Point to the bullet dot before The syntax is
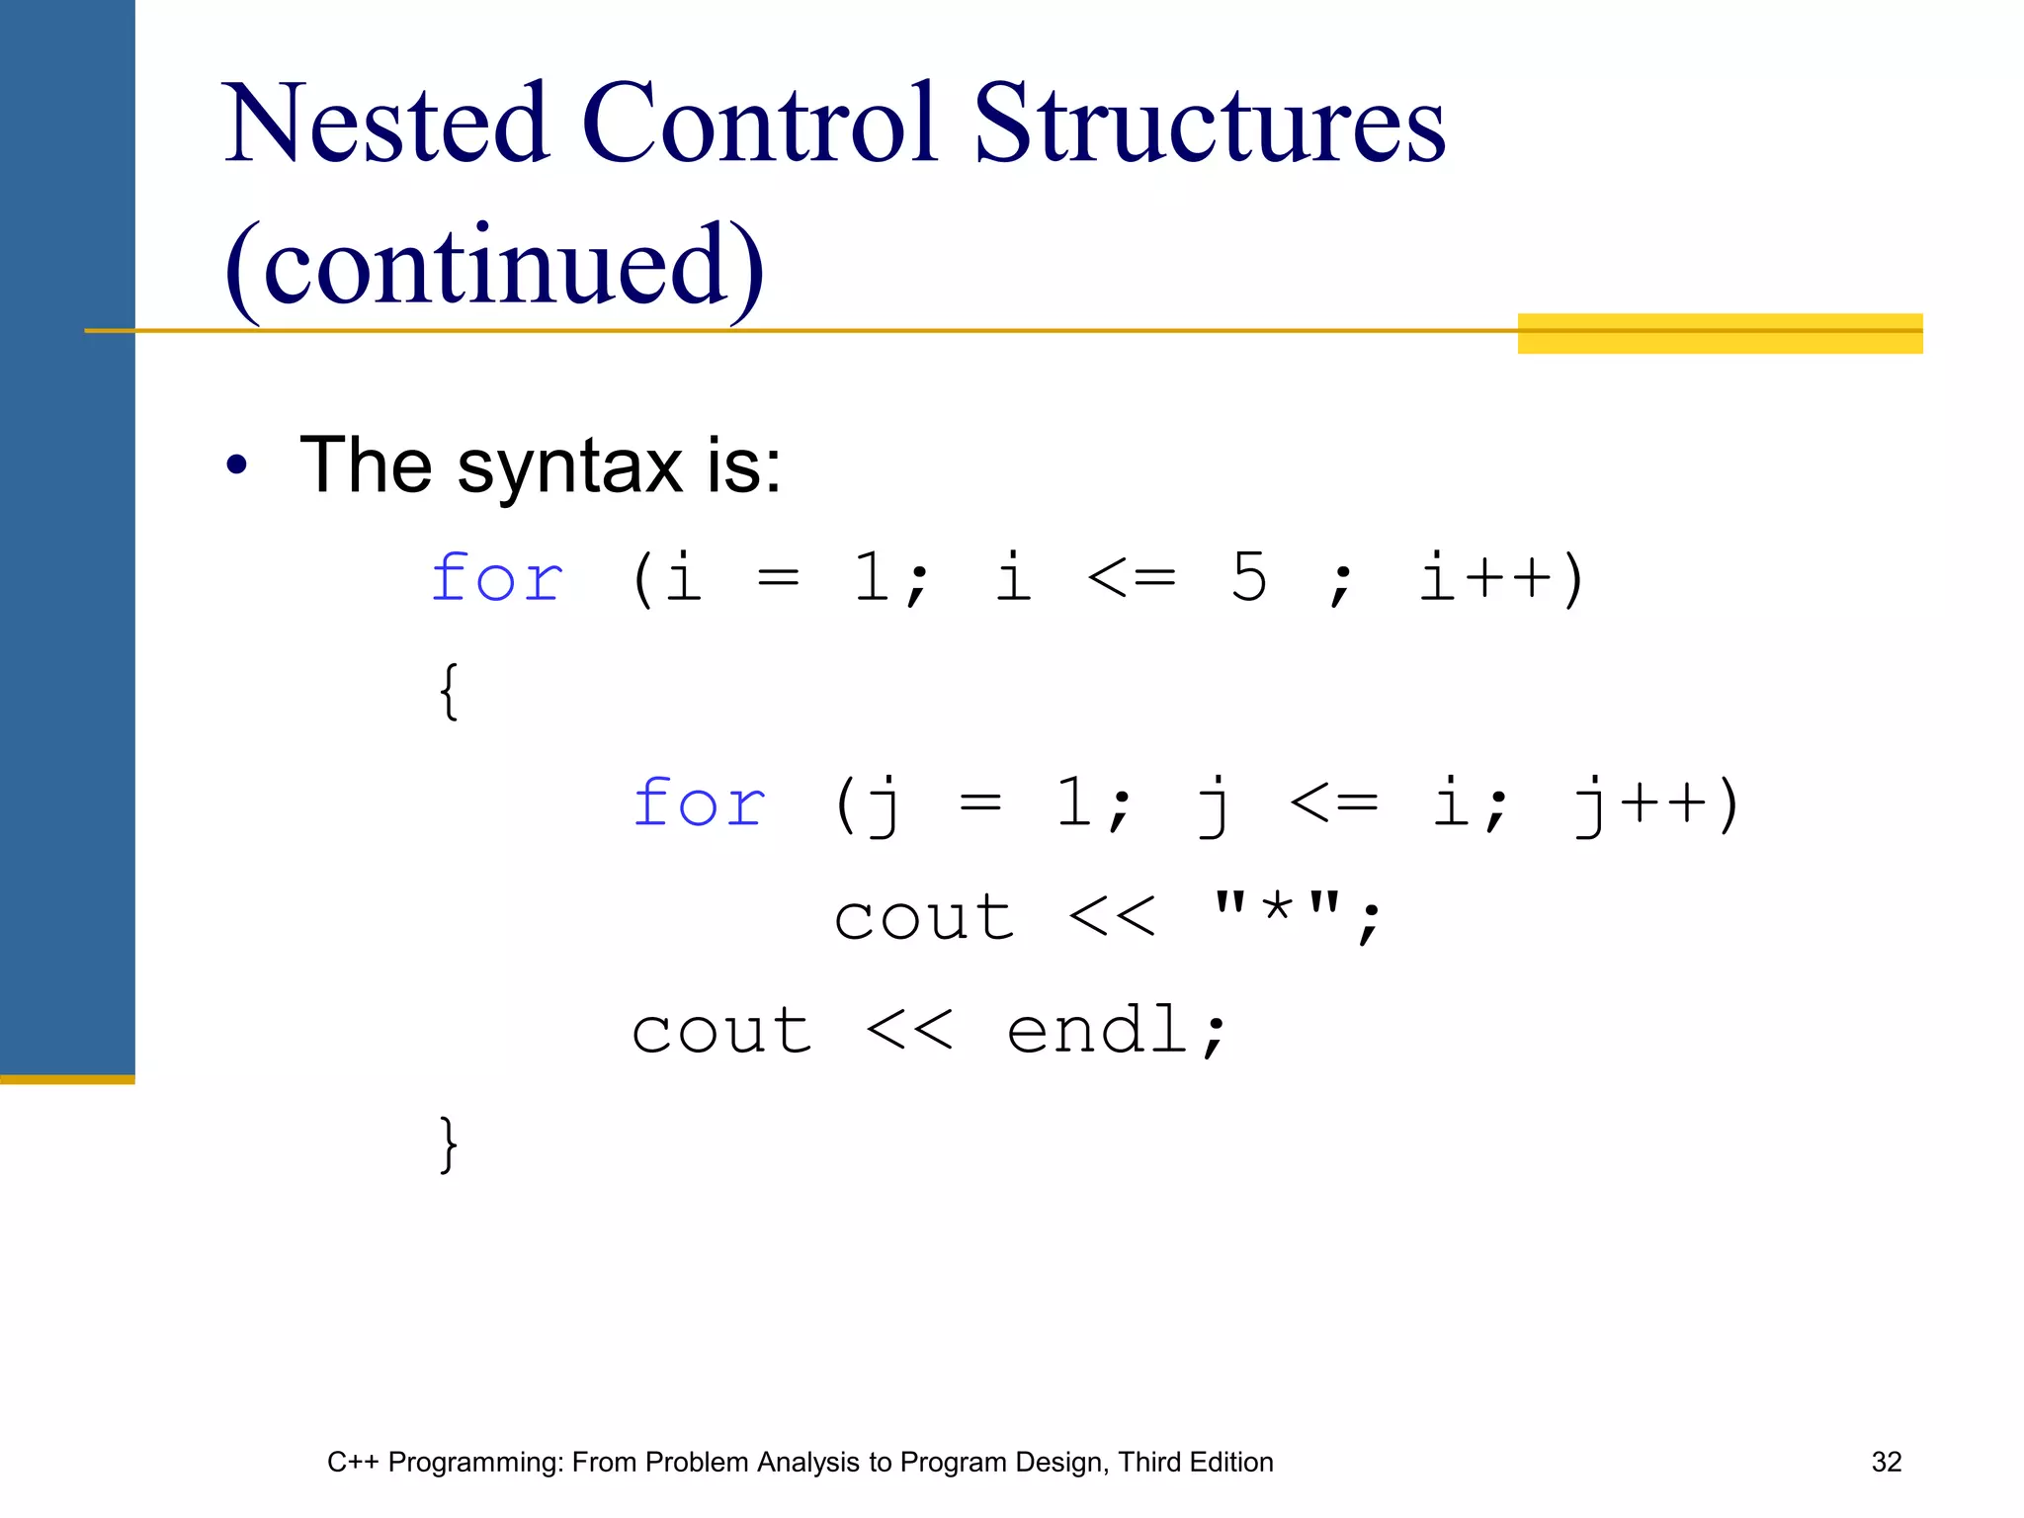coord(236,464)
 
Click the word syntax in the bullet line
coord(569,466)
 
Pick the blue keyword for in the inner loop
coord(700,802)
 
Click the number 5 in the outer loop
coord(1249,577)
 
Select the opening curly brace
coord(449,691)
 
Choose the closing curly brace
coord(449,1144)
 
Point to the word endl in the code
coord(1097,1031)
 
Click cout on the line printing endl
coord(721,1031)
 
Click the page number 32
coord(1886,1462)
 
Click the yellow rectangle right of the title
coord(1720,334)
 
